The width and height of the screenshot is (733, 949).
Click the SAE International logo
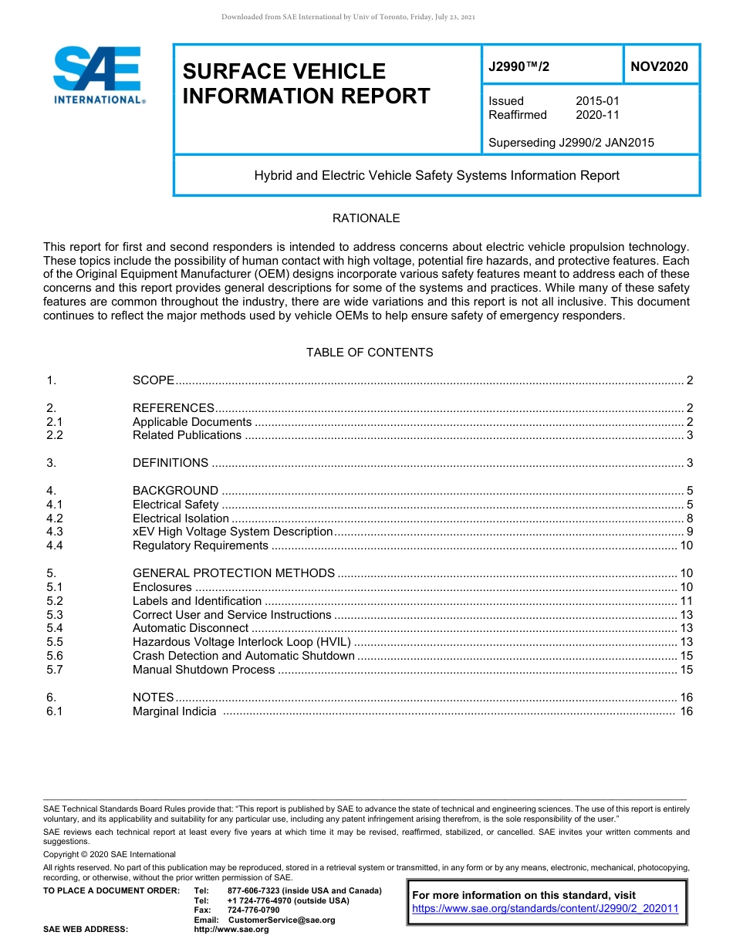pyautogui.click(x=99, y=75)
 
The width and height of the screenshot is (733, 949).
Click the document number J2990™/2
pyautogui.click(x=519, y=67)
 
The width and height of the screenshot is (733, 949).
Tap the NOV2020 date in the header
pyautogui.click(x=659, y=67)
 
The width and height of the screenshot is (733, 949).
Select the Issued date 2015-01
pyautogui.click(x=597, y=101)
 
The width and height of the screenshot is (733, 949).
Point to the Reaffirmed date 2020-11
pyautogui.click(x=597, y=115)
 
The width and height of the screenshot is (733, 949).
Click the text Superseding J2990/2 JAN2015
pyautogui.click(x=571, y=143)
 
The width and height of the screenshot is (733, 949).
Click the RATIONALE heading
pyautogui.click(x=366, y=218)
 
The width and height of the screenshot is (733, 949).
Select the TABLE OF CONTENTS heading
pyautogui.click(x=370, y=353)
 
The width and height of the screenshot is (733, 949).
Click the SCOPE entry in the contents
pyautogui.click(x=154, y=380)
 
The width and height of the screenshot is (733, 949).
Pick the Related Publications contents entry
pyautogui.click(x=187, y=435)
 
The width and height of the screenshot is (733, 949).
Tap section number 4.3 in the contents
pyautogui.click(x=54, y=532)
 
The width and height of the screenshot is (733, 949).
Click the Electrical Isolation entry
pyautogui.click(x=181, y=518)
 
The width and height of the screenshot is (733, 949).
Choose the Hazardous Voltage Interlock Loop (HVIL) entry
pyautogui.click(x=242, y=642)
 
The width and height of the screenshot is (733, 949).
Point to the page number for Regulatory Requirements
pyautogui.click(x=686, y=545)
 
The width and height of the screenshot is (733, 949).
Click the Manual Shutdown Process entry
pyautogui.click(x=204, y=670)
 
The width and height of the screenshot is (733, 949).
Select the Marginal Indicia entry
pyautogui.click(x=174, y=711)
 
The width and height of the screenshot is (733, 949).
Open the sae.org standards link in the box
pyautogui.click(x=545, y=909)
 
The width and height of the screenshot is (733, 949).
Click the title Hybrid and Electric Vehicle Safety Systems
pyautogui.click(x=437, y=176)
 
